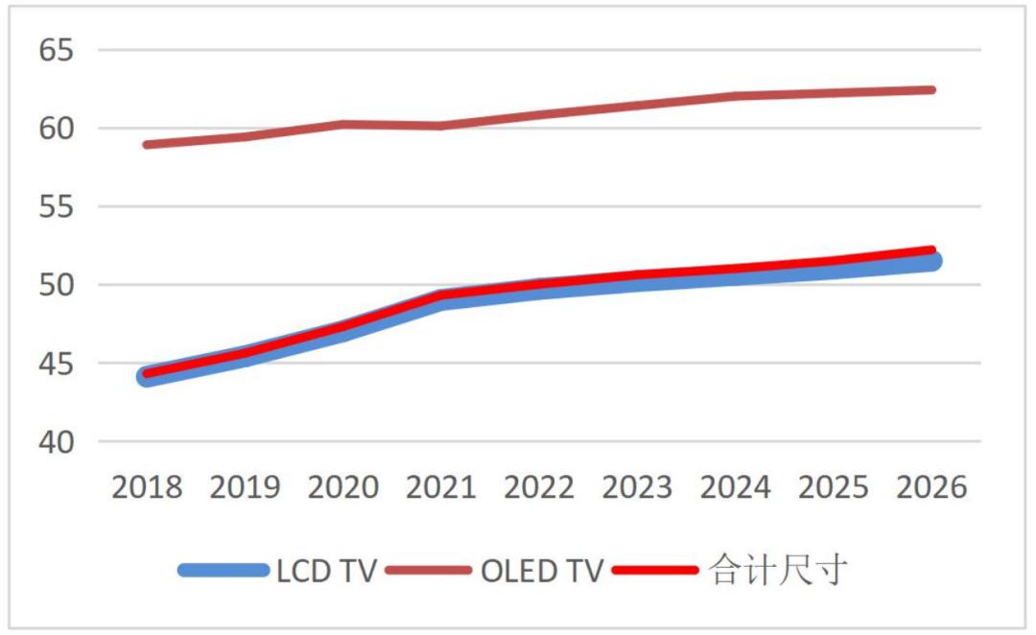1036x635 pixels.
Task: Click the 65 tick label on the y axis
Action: click(56, 50)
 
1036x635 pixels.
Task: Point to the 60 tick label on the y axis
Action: click(56, 129)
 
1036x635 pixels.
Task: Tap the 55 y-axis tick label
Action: click(56, 207)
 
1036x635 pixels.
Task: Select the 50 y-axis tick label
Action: click(56, 286)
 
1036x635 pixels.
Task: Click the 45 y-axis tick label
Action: click(56, 365)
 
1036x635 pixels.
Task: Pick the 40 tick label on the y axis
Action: click(56, 442)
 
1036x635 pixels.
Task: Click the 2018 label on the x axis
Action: click(147, 487)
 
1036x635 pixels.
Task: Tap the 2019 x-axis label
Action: click(245, 487)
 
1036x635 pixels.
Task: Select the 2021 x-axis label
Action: click(441, 487)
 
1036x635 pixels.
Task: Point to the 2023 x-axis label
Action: click(637, 487)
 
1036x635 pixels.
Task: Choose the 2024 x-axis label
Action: click(736, 487)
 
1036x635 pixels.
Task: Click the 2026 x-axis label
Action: click(931, 487)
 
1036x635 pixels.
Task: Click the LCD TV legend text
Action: click(326, 571)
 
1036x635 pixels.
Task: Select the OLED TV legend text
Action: click(541, 571)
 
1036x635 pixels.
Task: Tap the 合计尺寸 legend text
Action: click(778, 571)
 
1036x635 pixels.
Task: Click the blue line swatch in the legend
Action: click(224, 571)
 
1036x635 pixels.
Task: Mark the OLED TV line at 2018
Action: click(147, 145)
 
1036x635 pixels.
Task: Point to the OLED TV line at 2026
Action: click(930, 90)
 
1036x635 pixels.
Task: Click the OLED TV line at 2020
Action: click(342, 124)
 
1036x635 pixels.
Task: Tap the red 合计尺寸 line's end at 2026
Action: click(930, 251)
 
